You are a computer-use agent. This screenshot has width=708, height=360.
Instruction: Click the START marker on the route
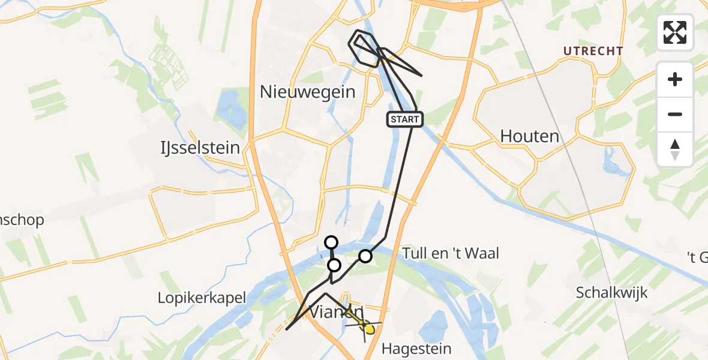405,119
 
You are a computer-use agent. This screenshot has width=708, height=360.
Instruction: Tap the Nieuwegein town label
307,92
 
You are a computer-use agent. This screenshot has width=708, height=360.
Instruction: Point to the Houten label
530,136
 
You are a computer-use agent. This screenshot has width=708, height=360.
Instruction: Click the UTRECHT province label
593,52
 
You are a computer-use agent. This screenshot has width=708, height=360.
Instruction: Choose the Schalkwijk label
611,293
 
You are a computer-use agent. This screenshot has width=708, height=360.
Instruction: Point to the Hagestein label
417,349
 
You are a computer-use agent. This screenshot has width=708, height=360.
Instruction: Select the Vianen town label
336,311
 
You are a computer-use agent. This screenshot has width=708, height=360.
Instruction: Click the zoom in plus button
675,79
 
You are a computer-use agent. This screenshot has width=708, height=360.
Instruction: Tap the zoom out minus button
675,114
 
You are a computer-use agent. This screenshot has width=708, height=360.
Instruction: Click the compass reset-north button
675,149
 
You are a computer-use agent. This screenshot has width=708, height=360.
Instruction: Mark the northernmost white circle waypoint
331,242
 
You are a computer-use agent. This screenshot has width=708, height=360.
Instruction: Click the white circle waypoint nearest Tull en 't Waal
365,256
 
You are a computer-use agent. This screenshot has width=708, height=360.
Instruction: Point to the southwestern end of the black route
287,329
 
